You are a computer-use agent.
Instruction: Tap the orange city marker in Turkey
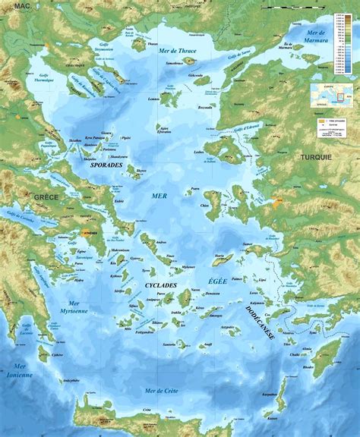pos(276,203)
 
